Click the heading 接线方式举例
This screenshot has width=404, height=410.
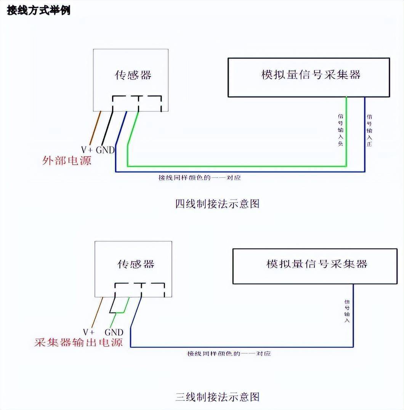(38, 10)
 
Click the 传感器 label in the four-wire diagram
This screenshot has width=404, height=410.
(133, 75)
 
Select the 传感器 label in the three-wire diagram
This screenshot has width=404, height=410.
(136, 264)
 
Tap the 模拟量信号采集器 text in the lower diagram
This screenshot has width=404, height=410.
(317, 264)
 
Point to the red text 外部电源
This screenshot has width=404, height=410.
(66, 161)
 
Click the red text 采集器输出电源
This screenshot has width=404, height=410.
(79, 342)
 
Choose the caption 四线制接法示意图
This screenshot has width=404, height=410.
(217, 204)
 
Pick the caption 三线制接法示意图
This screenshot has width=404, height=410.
(218, 397)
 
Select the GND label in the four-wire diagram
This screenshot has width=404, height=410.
(105, 150)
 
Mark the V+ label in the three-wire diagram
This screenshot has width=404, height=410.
(89, 332)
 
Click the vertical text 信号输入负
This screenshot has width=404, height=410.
(340, 129)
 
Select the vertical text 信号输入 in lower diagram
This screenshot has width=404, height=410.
(347, 311)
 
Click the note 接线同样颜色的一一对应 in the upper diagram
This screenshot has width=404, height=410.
(199, 178)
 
